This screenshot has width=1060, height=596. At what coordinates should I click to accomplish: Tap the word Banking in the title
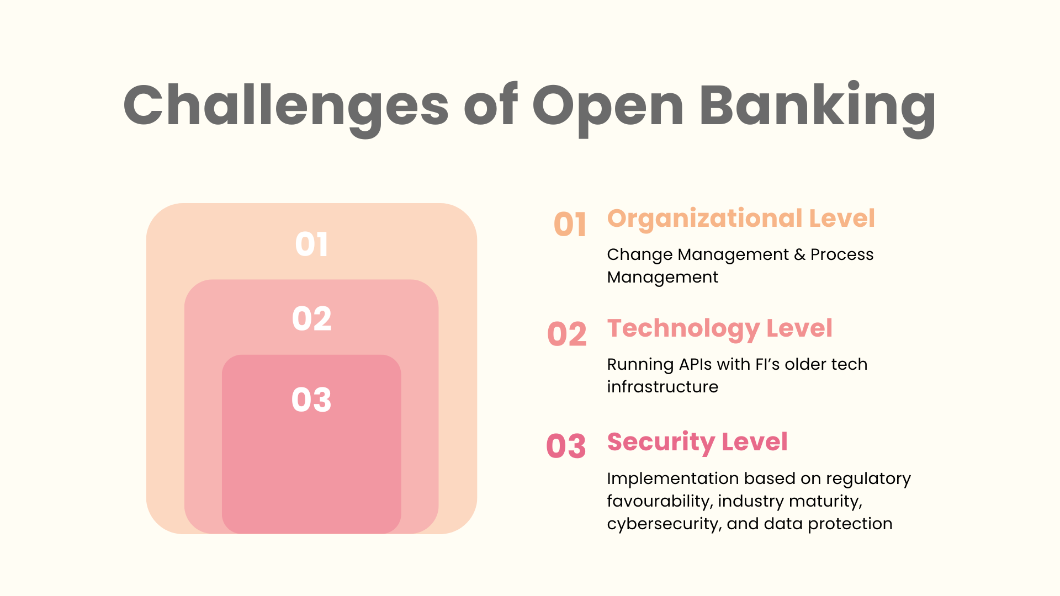(x=817, y=106)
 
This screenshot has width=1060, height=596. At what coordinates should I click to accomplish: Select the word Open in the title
(x=608, y=106)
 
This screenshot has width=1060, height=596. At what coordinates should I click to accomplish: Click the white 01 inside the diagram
(x=312, y=244)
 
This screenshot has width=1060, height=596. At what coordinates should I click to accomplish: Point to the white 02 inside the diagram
(x=312, y=319)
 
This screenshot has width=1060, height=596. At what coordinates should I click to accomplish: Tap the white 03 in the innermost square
(x=311, y=400)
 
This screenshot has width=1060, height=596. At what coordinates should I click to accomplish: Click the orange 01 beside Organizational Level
(x=570, y=225)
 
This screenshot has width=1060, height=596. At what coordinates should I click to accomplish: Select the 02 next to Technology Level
(x=566, y=334)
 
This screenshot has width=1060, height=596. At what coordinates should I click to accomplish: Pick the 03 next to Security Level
(x=566, y=446)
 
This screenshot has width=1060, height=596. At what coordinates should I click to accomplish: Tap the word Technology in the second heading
(x=683, y=329)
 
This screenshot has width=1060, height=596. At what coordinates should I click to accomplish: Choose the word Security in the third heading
(x=661, y=442)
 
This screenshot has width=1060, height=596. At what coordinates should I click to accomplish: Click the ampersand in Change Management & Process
(x=799, y=254)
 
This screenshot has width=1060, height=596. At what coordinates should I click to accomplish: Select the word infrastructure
(x=662, y=387)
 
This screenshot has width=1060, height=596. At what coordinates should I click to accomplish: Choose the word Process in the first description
(x=842, y=254)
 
